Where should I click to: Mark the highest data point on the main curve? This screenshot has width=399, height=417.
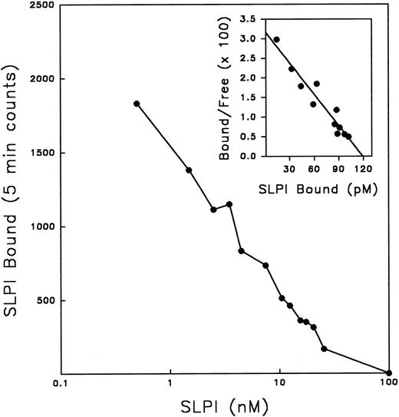pos(137,104)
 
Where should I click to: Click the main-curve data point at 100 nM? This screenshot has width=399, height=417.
pos(389,372)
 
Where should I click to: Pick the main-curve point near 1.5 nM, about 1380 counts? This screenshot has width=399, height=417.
pos(189,170)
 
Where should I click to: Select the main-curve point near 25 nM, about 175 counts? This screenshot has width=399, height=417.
pos(324,349)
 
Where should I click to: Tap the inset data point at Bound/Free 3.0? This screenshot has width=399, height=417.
pos(276,39)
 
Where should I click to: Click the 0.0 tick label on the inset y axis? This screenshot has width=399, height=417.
pos(249,157)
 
